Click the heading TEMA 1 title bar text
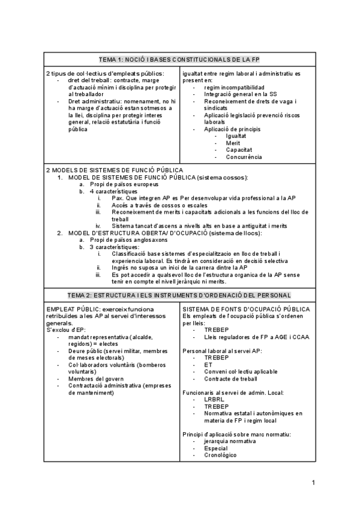179,59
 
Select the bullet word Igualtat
236,136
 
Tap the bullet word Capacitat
238,149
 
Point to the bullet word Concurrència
244,157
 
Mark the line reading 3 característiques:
114,247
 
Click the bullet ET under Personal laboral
208,364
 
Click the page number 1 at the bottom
313,482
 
